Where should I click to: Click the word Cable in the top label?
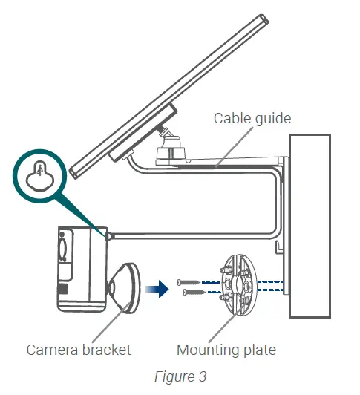pos(231,117)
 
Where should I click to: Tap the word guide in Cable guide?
pos(269,118)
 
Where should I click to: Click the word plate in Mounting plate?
pos(257,349)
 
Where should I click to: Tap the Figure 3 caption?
pos(180,376)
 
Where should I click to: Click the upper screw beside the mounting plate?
pos(189,281)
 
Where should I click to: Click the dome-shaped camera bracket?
pos(124,285)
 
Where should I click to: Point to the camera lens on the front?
pos(61,246)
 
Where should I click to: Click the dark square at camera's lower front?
pos(63,287)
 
